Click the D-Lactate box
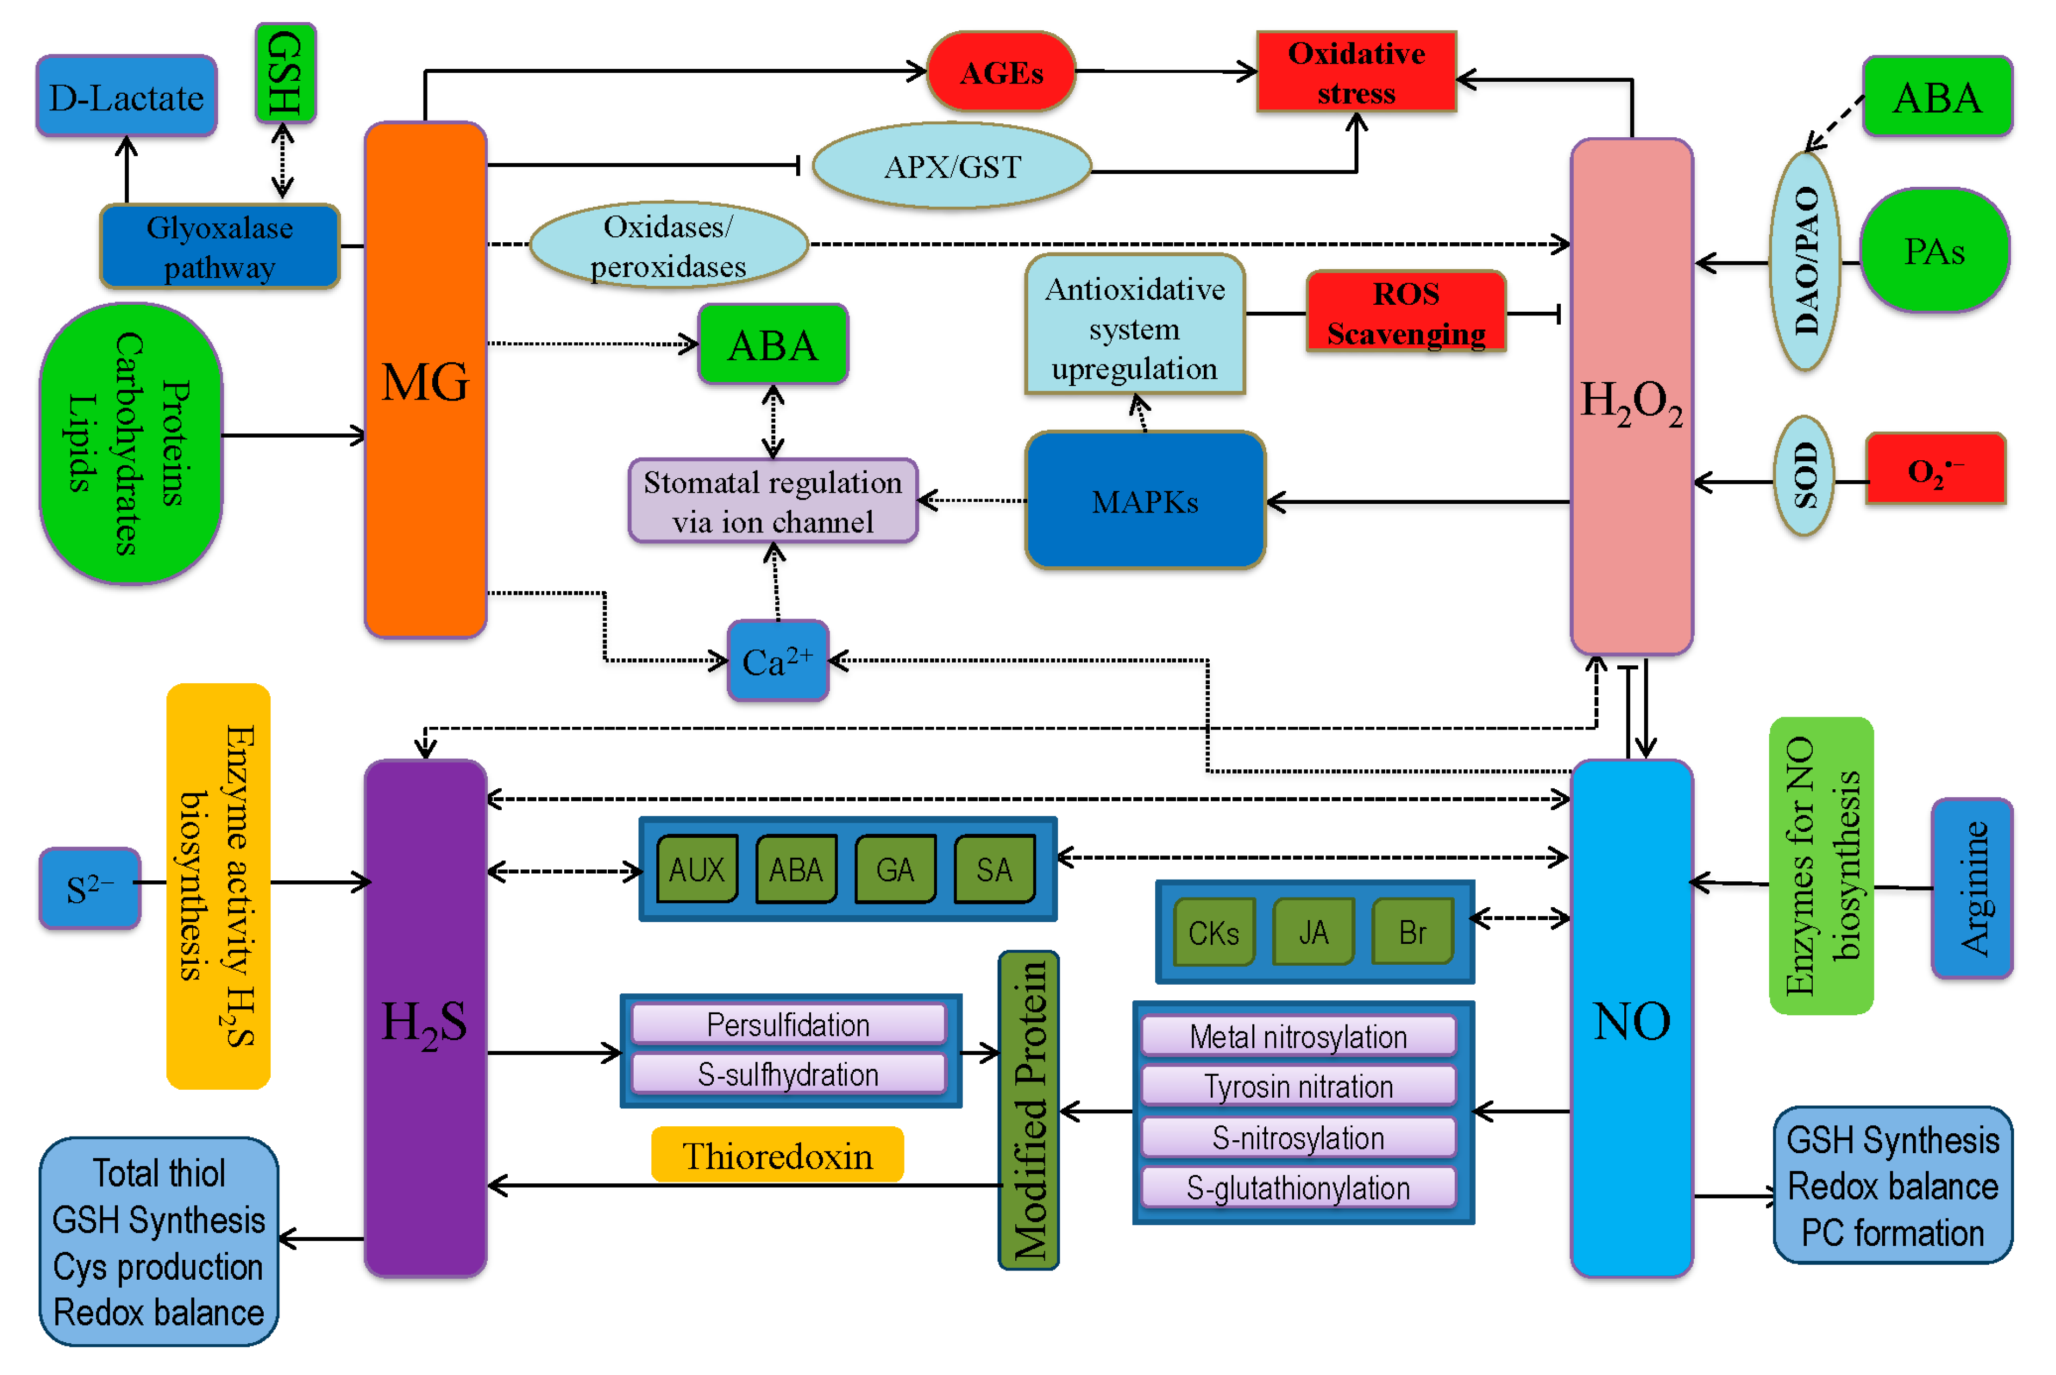click(x=127, y=96)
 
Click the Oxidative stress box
click(x=1356, y=72)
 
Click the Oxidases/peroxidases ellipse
click(x=668, y=245)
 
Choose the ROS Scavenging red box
click(x=1406, y=312)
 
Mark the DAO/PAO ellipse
click(x=1805, y=261)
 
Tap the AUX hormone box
click(x=697, y=869)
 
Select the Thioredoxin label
click(x=777, y=1155)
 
